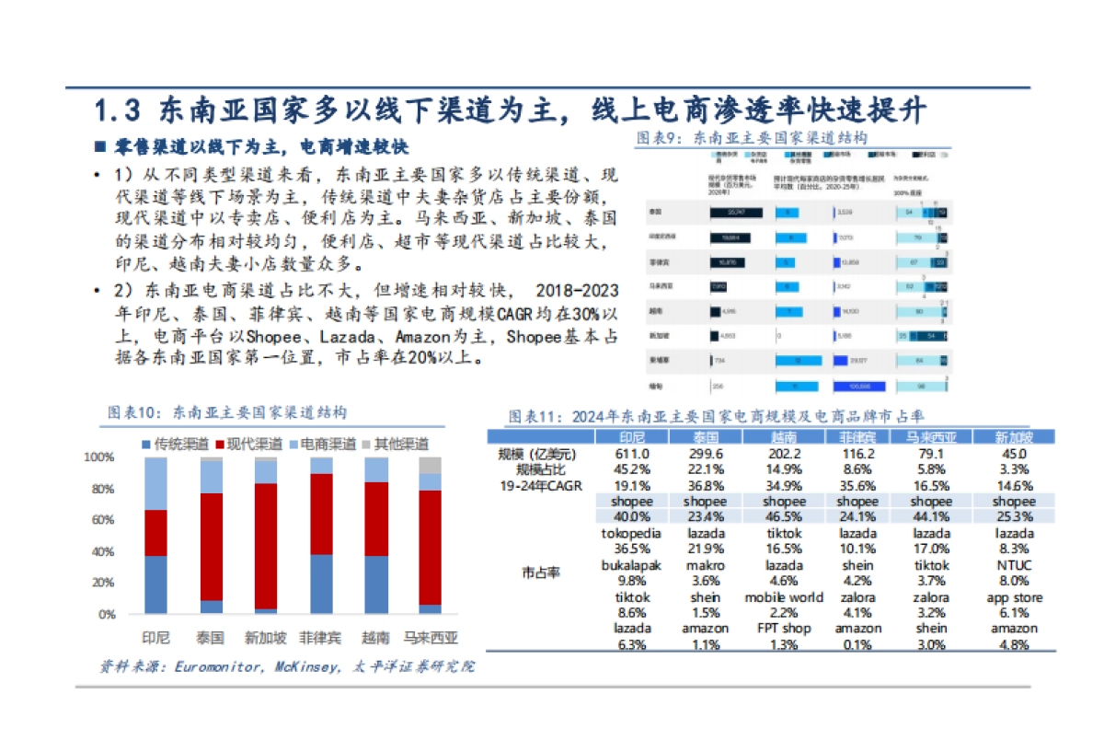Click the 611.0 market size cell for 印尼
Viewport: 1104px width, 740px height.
click(x=626, y=454)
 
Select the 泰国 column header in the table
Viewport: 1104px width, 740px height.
click(x=707, y=436)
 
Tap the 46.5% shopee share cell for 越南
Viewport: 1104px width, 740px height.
click(x=784, y=517)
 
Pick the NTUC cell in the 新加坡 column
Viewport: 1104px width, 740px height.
click(x=1014, y=565)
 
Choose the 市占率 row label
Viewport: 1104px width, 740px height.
click(x=537, y=572)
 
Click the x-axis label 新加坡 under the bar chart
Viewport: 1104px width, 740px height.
click(x=266, y=637)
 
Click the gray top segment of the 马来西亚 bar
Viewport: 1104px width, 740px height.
click(x=430, y=465)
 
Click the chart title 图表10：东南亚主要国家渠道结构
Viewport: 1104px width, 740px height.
click(x=227, y=410)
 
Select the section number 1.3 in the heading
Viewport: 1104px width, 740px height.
click(x=118, y=110)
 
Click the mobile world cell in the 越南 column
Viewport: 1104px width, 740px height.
click(x=784, y=597)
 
